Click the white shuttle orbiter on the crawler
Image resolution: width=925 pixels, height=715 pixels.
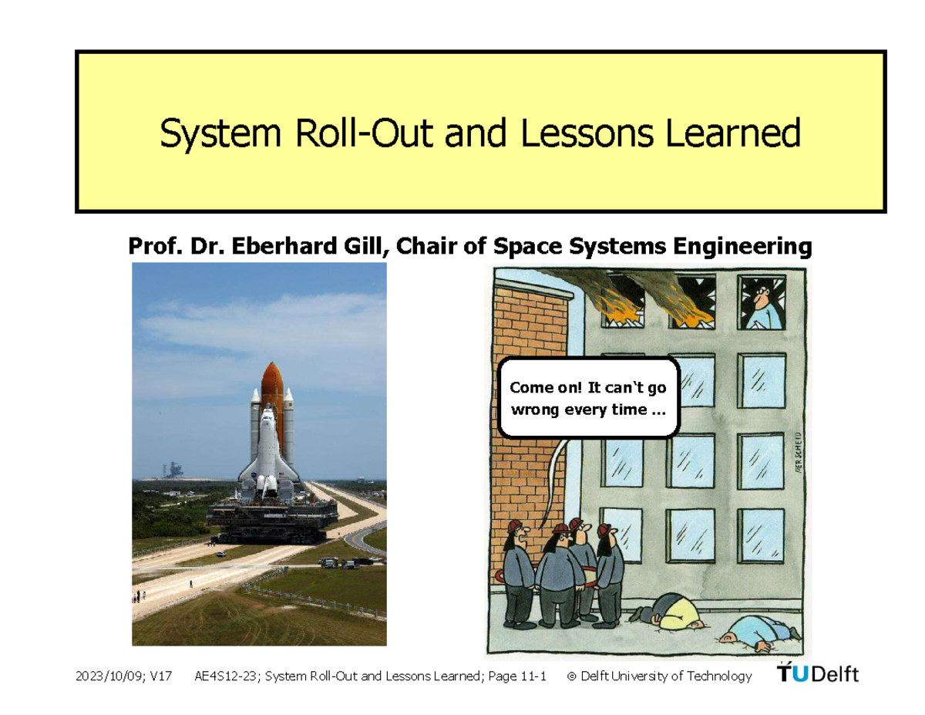pos(267,447)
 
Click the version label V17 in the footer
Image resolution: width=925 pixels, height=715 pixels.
pos(162,676)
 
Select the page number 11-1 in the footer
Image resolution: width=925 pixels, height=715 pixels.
pos(533,676)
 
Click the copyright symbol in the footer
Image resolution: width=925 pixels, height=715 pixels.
pos(571,676)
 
